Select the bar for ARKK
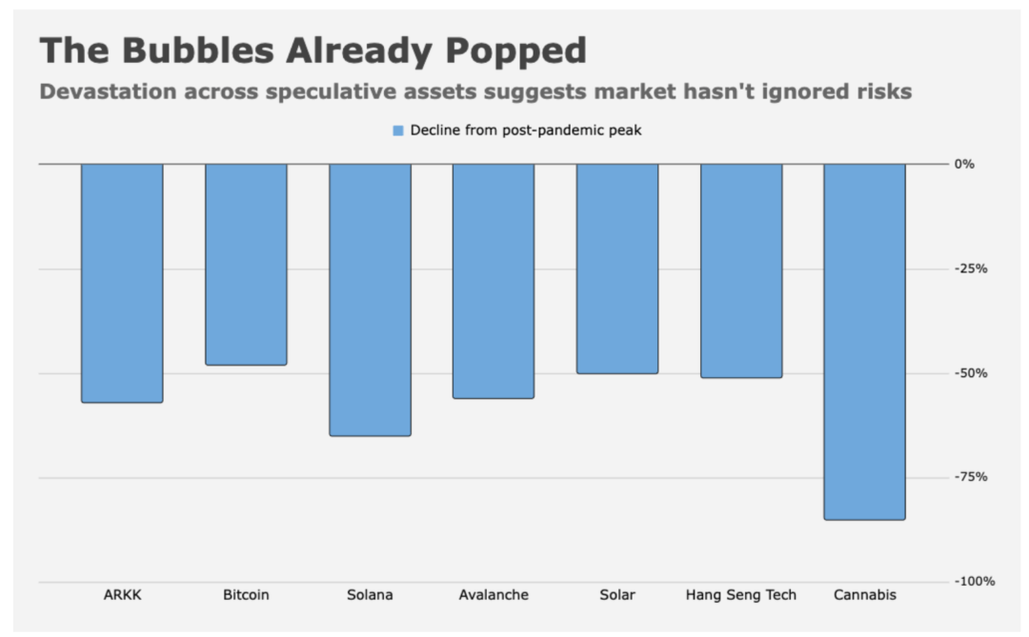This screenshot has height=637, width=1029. (x=122, y=283)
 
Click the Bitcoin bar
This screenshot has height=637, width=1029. (x=246, y=265)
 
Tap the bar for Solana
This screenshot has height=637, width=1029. (x=370, y=300)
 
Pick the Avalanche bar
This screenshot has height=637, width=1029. (x=494, y=281)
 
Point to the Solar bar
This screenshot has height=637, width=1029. (x=617, y=269)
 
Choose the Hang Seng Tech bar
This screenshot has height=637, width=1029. (x=741, y=270)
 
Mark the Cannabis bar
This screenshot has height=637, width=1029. (x=865, y=342)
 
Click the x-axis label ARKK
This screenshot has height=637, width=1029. (x=122, y=595)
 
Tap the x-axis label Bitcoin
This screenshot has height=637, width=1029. (x=246, y=595)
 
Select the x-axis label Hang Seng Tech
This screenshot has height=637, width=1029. (x=741, y=595)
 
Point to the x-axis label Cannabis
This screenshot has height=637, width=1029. (x=865, y=595)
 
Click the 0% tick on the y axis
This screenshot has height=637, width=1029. (x=964, y=164)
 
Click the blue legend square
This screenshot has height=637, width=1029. (x=398, y=130)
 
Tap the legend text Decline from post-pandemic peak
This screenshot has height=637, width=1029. (x=525, y=130)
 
